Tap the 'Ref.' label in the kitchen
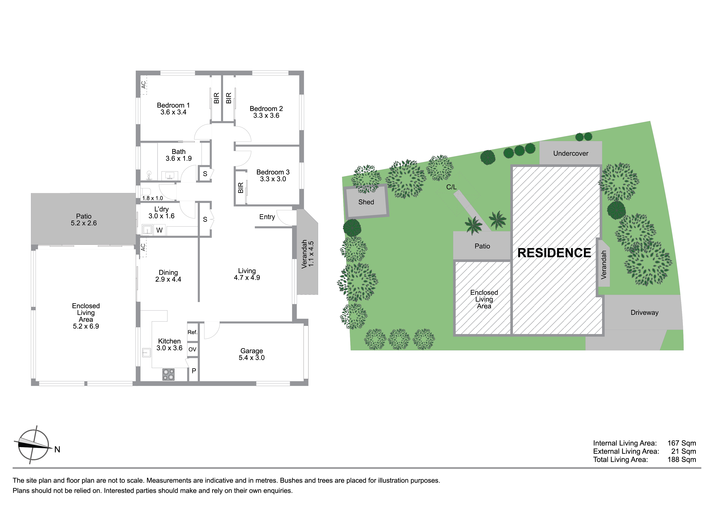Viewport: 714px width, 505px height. tap(193, 332)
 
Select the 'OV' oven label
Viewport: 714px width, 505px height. tap(193, 349)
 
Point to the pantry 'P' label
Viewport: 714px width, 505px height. tap(194, 371)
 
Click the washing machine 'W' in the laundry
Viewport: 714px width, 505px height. tap(160, 230)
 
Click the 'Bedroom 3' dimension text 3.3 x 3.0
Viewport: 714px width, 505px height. tap(273, 179)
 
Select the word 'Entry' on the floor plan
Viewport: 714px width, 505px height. tap(267, 217)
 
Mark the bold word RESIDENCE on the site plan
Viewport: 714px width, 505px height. tap(554, 253)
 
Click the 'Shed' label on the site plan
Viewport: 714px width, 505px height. tap(366, 202)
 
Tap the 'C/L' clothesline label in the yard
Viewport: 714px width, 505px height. tap(451, 187)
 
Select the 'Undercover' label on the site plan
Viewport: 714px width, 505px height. tap(571, 153)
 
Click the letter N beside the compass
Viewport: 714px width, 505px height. tap(57, 450)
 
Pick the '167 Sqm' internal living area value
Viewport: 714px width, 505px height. tap(681, 443)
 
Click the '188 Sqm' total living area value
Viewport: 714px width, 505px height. tap(681, 460)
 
